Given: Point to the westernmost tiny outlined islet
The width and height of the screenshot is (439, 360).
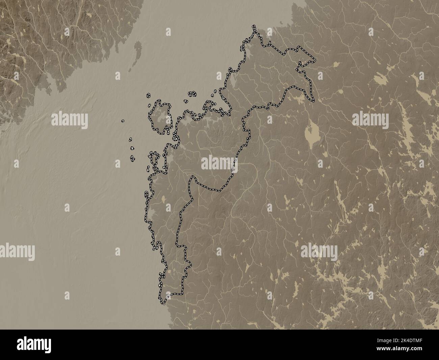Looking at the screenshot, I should pyautogui.click(x=123, y=120).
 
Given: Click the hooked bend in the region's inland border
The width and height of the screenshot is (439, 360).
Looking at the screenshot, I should pyautogui.click(x=192, y=178).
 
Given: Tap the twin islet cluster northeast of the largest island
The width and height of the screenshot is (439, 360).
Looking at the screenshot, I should pyautogui.click(x=193, y=94).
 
